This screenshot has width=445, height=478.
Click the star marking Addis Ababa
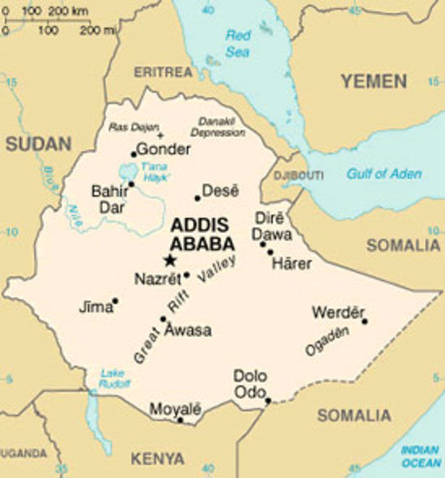click(x=169, y=261)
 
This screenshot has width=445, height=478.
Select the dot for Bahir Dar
click(x=130, y=184)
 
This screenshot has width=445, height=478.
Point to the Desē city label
click(x=221, y=190)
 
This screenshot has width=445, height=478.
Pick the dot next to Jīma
click(x=115, y=300)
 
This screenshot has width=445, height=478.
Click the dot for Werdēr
click(x=364, y=321)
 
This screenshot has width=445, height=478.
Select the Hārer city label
click(x=292, y=263)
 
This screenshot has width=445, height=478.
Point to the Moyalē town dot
click(x=180, y=419)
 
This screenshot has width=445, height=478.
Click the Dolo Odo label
click(x=251, y=383)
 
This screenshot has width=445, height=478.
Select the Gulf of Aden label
click(x=384, y=174)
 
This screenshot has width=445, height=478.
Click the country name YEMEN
click(x=373, y=81)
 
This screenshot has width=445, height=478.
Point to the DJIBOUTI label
click(x=298, y=175)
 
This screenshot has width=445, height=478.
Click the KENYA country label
click(x=157, y=458)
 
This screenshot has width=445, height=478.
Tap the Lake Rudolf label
click(x=112, y=379)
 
